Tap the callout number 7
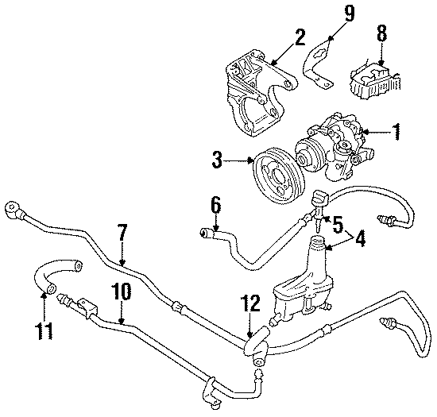click(122, 233)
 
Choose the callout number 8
click(382, 35)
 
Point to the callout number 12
click(251, 303)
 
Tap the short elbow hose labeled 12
click(253, 343)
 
